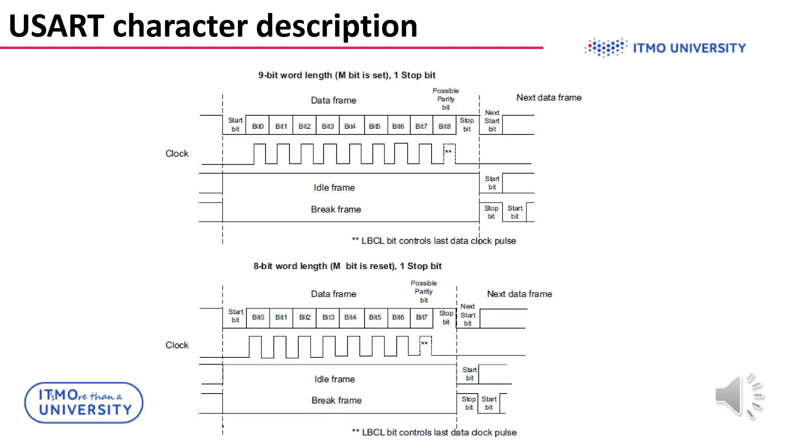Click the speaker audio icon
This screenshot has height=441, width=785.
click(x=739, y=396)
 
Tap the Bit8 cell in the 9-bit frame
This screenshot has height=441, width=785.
click(x=445, y=126)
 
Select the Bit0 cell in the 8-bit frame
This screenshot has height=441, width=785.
click(x=258, y=317)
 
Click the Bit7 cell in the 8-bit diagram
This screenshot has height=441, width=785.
click(x=422, y=317)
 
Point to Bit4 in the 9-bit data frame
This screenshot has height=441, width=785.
click(x=350, y=126)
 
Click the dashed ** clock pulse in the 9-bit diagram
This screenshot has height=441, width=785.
click(x=449, y=153)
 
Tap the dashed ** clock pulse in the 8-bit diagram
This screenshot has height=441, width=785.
click(x=425, y=345)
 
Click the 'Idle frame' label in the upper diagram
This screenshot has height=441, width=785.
click(x=334, y=188)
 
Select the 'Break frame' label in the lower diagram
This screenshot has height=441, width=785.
click(x=337, y=400)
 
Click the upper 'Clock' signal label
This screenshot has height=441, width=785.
click(x=177, y=154)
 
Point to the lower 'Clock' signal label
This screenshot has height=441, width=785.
click(x=177, y=345)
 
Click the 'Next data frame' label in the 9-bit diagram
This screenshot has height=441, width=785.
click(x=549, y=98)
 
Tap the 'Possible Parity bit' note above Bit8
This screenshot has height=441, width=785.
click(x=445, y=99)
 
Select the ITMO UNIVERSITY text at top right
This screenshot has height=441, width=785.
click(x=689, y=48)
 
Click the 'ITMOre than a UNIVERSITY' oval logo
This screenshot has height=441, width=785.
click(x=84, y=403)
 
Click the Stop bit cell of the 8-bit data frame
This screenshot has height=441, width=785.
click(x=446, y=318)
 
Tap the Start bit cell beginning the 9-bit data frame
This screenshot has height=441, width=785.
click(x=235, y=125)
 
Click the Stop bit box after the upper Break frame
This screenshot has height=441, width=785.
click(x=491, y=212)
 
